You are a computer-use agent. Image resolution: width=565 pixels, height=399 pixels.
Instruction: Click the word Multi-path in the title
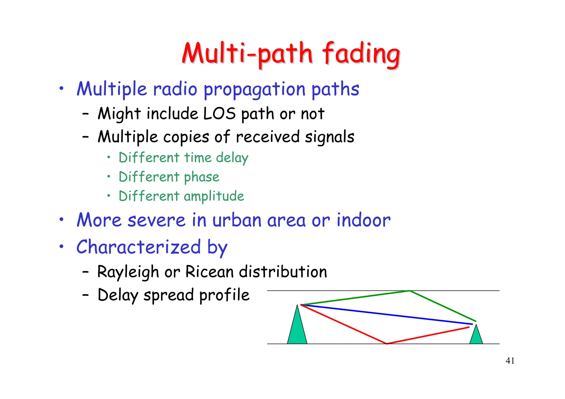pyautogui.click(x=247, y=54)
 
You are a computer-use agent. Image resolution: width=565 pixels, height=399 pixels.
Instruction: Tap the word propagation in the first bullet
pyautogui.click(x=254, y=90)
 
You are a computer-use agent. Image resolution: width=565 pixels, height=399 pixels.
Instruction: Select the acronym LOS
pyautogui.click(x=219, y=114)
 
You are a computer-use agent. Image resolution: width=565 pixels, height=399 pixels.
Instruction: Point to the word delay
pyautogui.click(x=232, y=158)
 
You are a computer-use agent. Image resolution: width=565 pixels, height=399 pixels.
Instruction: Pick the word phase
pyautogui.click(x=201, y=177)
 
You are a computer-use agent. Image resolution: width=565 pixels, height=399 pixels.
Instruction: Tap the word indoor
pyautogui.click(x=363, y=220)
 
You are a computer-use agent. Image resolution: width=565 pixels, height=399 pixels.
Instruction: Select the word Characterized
pyautogui.click(x=138, y=247)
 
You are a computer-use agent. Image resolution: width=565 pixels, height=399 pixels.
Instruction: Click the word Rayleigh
pyautogui.click(x=128, y=272)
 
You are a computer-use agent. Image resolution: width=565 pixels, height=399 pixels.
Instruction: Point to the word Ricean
pyautogui.click(x=210, y=272)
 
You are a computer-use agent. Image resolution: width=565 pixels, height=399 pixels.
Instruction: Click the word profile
pyautogui.click(x=224, y=295)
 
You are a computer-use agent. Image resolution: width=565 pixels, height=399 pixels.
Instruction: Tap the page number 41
pyautogui.click(x=510, y=361)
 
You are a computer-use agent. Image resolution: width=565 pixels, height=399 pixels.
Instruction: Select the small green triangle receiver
pyautogui.click(x=476, y=336)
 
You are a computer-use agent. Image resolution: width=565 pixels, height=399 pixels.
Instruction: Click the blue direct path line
pyautogui.click(x=386, y=314)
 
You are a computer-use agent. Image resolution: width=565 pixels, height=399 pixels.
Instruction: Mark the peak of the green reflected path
pyautogui.click(x=410, y=291)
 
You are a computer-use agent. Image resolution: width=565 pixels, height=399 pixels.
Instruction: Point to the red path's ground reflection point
pyautogui.click(x=387, y=344)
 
